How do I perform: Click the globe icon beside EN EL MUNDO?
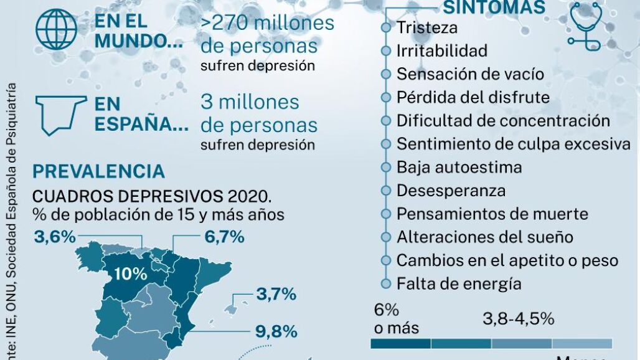tap(57, 29)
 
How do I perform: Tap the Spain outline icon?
tap(61, 113)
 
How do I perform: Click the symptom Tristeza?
tap(427, 27)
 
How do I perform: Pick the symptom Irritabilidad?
tap(442, 50)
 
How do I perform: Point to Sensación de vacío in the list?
tap(470, 74)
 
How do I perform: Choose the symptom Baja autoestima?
tap(459, 168)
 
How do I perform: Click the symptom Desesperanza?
tap(451, 191)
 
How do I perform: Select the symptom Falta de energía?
tap(459, 284)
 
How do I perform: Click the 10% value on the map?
tap(130, 274)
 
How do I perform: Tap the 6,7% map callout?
tap(224, 237)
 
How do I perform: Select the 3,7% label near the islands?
tap(276, 295)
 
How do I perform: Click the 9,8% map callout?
tap(276, 331)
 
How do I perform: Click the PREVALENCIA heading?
tap(98, 171)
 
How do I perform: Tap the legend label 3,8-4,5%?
tap(518, 319)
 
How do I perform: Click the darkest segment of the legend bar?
tap(400, 343)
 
